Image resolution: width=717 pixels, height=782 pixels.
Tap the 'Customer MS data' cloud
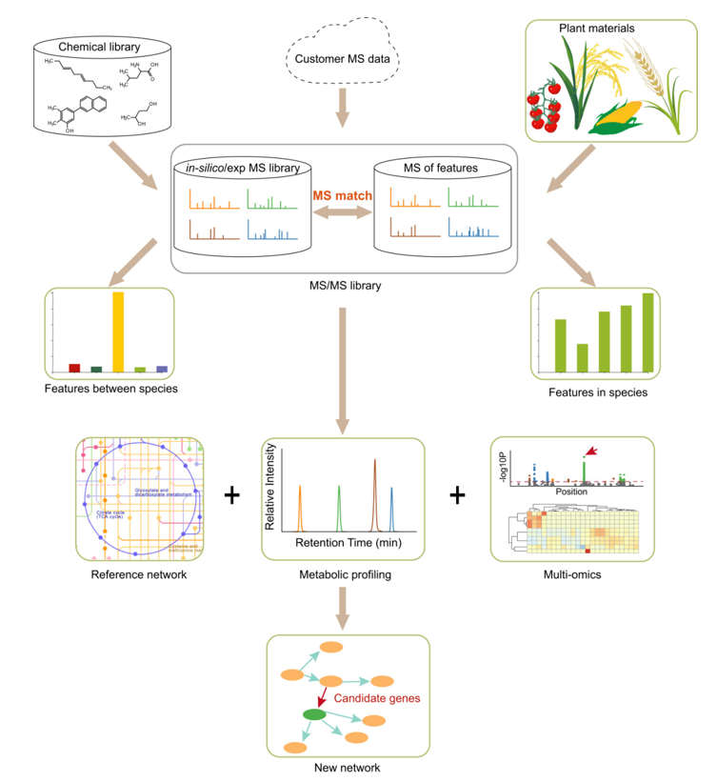pos(343,58)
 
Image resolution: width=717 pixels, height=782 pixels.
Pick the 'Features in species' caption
pos(598,391)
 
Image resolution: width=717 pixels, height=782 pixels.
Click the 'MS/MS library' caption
pos(343,286)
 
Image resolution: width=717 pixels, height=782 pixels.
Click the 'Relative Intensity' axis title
pos(269,491)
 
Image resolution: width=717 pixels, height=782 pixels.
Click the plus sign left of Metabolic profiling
pos(229,495)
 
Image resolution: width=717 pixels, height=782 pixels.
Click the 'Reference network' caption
pos(129,574)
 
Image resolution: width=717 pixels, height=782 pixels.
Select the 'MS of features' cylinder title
pos(441,169)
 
